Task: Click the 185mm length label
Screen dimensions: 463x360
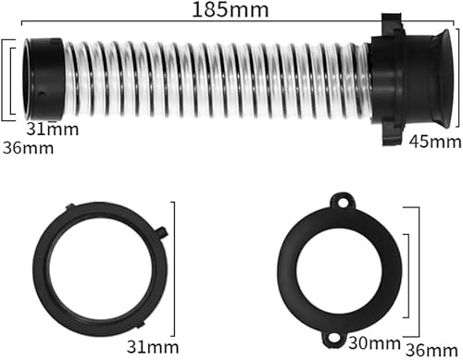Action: [x=231, y=10]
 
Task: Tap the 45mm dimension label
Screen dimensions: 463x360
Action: [x=435, y=142]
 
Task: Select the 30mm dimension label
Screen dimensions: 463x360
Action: [x=374, y=343]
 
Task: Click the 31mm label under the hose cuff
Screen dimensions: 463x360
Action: [x=53, y=129]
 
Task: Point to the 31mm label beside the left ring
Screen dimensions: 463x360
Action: [x=153, y=347]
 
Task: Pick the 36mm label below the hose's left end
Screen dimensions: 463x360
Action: [x=29, y=148]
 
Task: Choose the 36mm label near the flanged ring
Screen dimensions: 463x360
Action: [x=432, y=351]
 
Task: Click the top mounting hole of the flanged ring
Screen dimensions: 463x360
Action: [x=342, y=203]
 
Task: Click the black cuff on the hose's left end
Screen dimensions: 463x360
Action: [x=44, y=79]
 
